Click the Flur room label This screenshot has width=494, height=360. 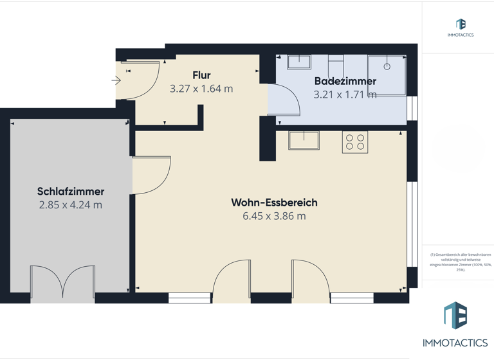click(x=201, y=75)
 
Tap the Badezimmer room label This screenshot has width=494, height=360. click(x=345, y=81)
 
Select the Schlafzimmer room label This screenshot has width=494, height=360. click(x=71, y=192)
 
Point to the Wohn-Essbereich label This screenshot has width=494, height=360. click(x=274, y=203)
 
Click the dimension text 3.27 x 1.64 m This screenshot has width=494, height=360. click(x=201, y=89)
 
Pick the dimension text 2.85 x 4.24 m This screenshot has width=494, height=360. click(x=71, y=205)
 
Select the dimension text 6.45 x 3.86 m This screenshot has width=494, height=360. click(x=274, y=216)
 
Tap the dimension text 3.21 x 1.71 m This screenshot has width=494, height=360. click(x=345, y=94)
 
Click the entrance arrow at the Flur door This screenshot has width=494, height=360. click(x=116, y=80)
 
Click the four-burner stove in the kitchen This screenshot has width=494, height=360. click(x=355, y=142)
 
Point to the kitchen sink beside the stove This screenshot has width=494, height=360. click(x=304, y=139)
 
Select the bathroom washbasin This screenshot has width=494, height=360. click(x=299, y=62)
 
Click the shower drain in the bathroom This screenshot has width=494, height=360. click(x=387, y=67)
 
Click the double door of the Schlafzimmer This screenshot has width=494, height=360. click(x=62, y=283)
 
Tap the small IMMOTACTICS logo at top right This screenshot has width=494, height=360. click(x=461, y=27)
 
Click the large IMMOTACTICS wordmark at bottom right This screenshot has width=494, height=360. click(x=455, y=343)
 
